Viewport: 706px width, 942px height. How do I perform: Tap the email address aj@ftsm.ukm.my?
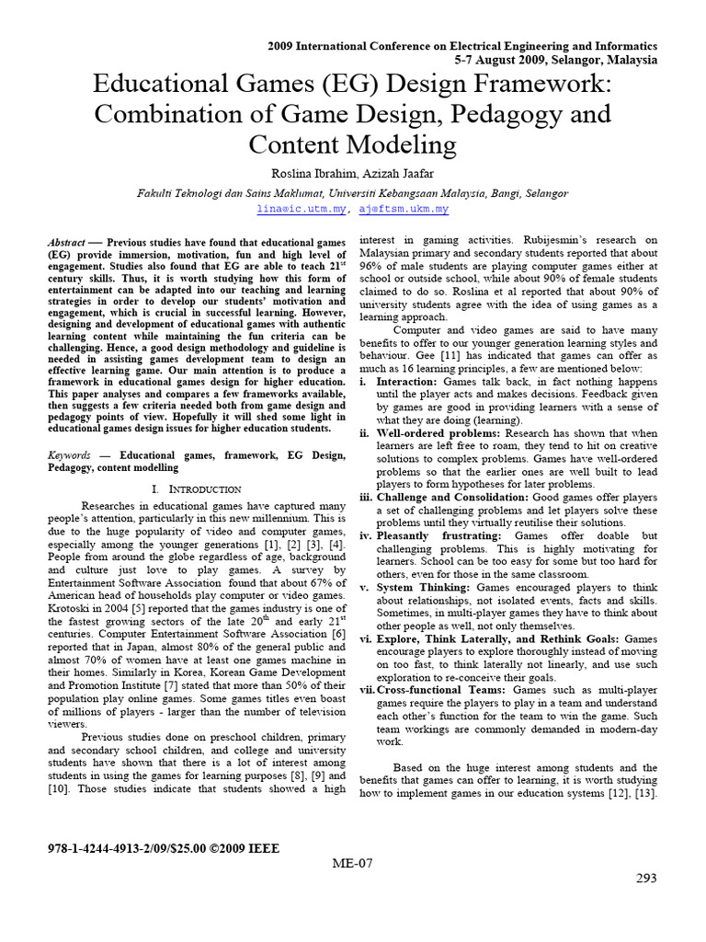404,210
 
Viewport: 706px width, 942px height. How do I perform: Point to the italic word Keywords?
70,455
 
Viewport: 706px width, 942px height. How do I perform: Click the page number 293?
646,879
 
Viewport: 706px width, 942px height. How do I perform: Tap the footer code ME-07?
353,863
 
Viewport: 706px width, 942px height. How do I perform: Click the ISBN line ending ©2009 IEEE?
163,847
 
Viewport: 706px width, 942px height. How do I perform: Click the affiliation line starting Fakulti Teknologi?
352,194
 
